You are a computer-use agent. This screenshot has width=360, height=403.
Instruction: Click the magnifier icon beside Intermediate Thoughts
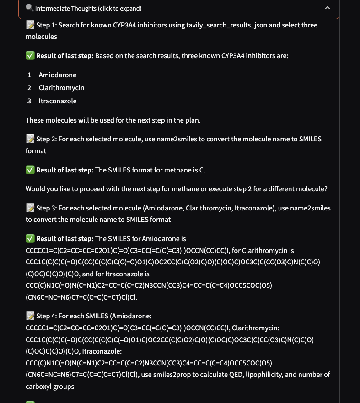pyautogui.click(x=30, y=8)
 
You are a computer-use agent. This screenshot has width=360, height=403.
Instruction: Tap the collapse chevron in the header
pyautogui.click(x=327, y=8)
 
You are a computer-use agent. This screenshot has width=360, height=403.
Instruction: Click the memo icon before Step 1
pyautogui.click(x=30, y=25)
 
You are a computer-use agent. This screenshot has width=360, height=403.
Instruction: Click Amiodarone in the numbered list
pyautogui.click(x=58, y=75)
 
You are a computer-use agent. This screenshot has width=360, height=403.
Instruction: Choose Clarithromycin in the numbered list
pyautogui.click(x=61, y=87)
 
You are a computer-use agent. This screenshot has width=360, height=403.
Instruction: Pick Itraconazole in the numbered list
pyautogui.click(x=58, y=101)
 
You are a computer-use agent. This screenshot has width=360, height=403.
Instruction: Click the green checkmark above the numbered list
pyautogui.click(x=30, y=56)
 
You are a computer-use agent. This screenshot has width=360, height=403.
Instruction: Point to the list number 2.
pyautogui.click(x=30, y=87)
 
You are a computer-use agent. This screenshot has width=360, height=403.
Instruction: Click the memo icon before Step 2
pyautogui.click(x=30, y=139)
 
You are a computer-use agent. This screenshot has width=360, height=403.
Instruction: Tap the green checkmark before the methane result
pyautogui.click(x=30, y=170)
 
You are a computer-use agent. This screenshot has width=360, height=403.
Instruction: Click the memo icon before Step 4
pyautogui.click(x=30, y=316)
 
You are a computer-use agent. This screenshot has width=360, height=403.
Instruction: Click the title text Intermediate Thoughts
pyautogui.click(x=88, y=8)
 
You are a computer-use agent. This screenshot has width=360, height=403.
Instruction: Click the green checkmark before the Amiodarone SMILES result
pyautogui.click(x=30, y=239)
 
